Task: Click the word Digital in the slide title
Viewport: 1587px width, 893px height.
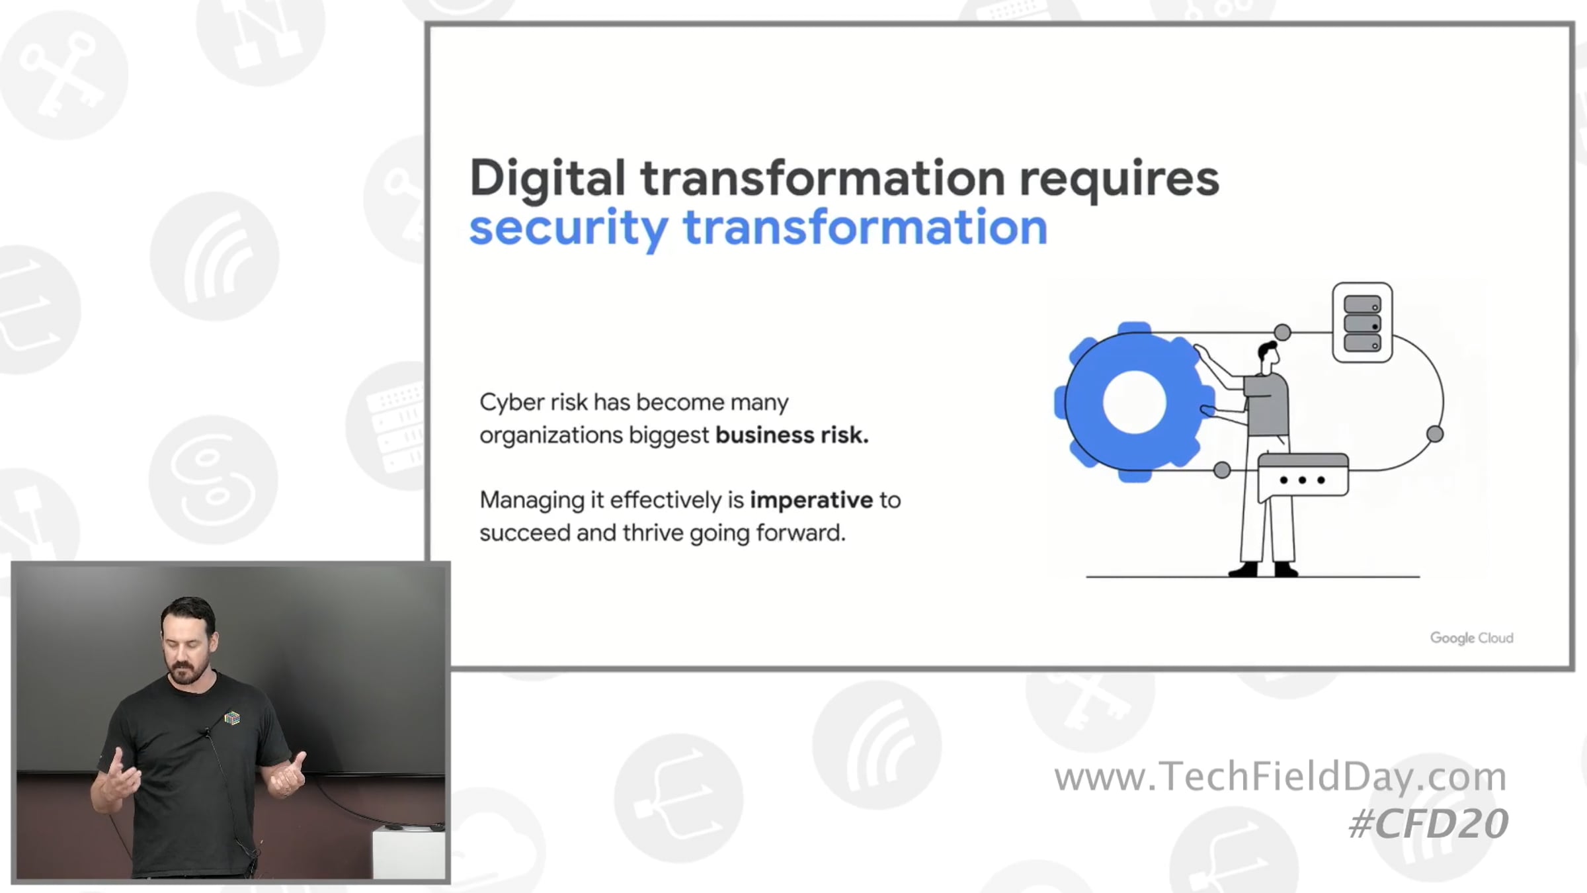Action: coord(548,179)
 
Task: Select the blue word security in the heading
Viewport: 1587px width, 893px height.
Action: coord(568,228)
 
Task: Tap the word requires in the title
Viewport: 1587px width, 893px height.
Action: coord(1119,179)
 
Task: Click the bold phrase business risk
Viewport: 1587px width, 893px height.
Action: coord(792,435)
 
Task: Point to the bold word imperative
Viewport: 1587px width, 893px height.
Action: coord(811,501)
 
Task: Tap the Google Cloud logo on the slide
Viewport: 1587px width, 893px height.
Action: coord(1471,638)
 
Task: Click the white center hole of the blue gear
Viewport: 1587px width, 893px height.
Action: coord(1135,402)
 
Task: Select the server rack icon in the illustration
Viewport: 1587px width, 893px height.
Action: coord(1362,323)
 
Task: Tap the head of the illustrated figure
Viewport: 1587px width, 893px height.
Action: coord(1268,356)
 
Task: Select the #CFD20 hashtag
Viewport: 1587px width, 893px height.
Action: coord(1428,824)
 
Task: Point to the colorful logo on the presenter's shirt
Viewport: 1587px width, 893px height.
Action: coord(231,718)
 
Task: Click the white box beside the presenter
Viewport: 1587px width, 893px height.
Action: coord(409,853)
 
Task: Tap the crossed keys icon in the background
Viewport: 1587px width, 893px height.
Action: coord(63,74)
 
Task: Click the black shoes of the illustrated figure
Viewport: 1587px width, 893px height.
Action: coord(1263,569)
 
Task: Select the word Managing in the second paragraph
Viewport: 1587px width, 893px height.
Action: coord(532,501)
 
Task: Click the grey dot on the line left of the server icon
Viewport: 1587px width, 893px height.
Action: coord(1282,332)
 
